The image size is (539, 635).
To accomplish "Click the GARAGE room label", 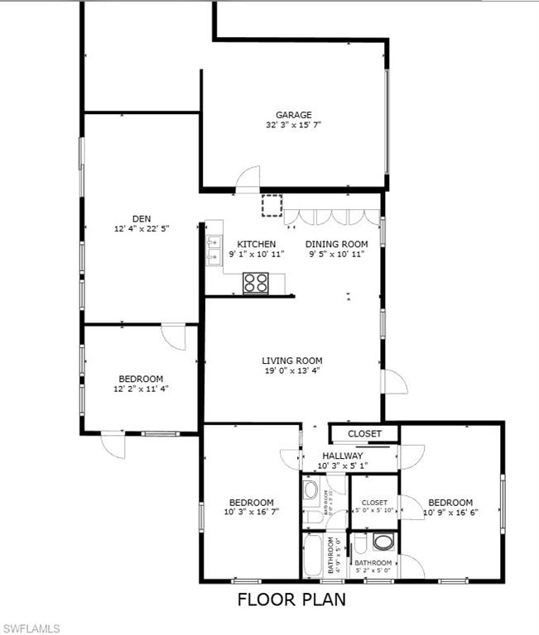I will (294, 115).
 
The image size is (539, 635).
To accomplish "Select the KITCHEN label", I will (257, 244).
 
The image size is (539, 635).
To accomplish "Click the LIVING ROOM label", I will (291, 360).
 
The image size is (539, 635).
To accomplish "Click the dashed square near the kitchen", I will (272, 205).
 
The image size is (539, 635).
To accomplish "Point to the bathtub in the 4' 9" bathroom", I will (313, 555).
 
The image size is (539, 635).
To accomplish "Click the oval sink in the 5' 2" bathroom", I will (383, 542).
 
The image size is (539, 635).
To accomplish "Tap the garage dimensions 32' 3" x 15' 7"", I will (293, 125).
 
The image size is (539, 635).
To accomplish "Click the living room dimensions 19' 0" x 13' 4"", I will (291, 370).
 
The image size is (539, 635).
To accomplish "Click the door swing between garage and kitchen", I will (246, 180).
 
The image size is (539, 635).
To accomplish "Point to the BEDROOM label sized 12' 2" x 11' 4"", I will (140, 379).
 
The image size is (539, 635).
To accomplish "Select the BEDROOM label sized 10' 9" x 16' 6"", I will (450, 503).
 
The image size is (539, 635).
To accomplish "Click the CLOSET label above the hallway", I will (364, 433).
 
